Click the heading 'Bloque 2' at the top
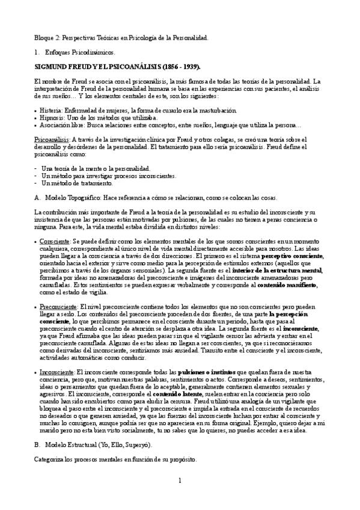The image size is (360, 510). coord(47,38)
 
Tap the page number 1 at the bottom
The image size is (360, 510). coord(179,497)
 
